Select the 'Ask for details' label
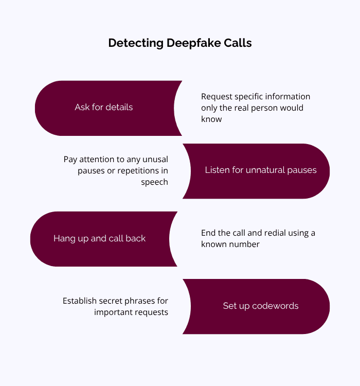104,108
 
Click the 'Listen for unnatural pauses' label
261,170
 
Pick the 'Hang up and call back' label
100,239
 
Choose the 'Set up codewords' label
261,306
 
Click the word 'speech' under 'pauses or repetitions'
155,182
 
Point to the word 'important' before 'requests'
113,312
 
